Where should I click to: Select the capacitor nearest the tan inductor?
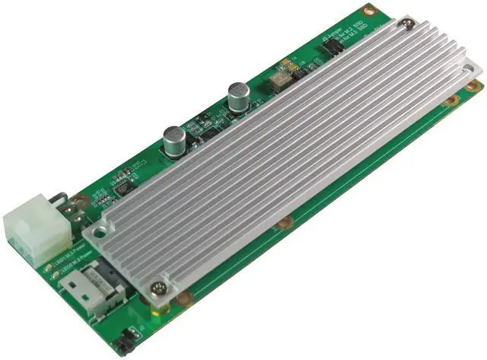coord(237,96)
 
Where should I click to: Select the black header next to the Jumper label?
coord(332,47)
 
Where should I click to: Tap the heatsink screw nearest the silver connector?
coord(158,288)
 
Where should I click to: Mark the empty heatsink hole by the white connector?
coord(97,226)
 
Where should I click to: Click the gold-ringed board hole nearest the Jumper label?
coord(369,11)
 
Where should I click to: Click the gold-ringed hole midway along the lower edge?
coord(285,223)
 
